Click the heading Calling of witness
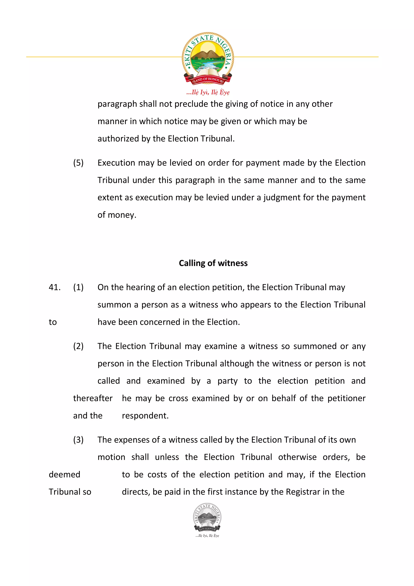point(213,263)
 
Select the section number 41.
point(55,287)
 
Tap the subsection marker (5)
point(78,163)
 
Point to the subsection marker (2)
point(78,346)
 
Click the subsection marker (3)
point(78,440)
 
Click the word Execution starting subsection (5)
point(116,163)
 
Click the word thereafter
point(93,398)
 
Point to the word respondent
point(145,416)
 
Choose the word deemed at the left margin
point(64,474)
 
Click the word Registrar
point(303,492)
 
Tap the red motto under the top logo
point(208,92)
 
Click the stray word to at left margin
point(53,322)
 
